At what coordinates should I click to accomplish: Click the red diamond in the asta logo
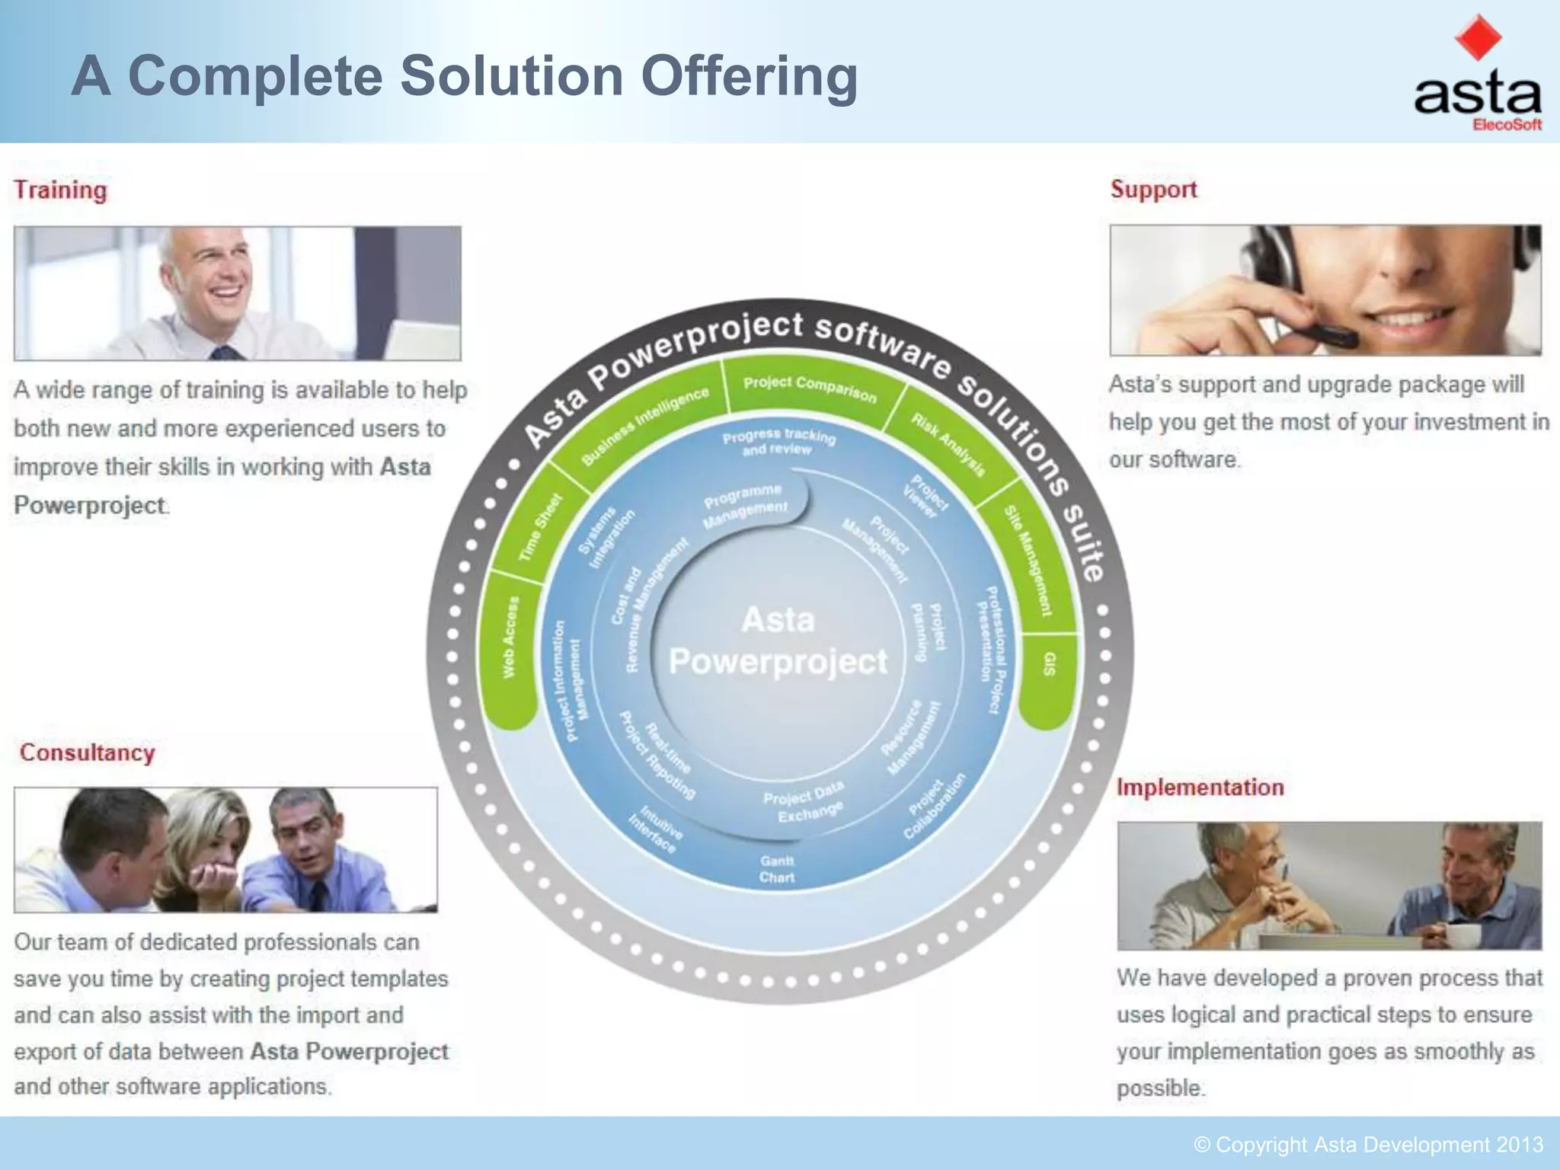pyautogui.click(x=1478, y=37)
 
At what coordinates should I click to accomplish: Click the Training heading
pyautogui.click(x=60, y=190)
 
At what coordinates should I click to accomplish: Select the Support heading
pyautogui.click(x=1153, y=189)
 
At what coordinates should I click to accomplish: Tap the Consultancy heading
pyautogui.click(x=87, y=753)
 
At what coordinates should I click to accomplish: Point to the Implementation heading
pyautogui.click(x=1200, y=787)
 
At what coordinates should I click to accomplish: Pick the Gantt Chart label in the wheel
pyautogui.click(x=776, y=869)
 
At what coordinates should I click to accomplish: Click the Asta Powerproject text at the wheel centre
pyautogui.click(x=778, y=641)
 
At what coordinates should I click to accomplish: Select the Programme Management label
pyautogui.click(x=745, y=506)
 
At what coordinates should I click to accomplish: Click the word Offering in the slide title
pyautogui.click(x=749, y=76)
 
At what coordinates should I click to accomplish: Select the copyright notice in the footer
pyautogui.click(x=1368, y=1145)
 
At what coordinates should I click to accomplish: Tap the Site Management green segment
pyautogui.click(x=1028, y=560)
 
